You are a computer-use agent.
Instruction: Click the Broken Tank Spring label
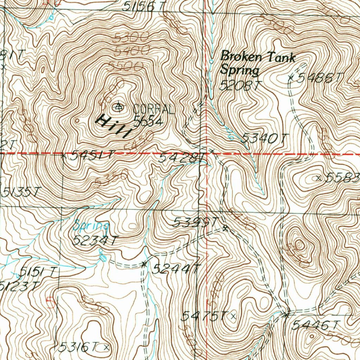tap(257, 63)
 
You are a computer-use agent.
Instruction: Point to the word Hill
tap(113, 126)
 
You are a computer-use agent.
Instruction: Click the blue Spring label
tap(91, 225)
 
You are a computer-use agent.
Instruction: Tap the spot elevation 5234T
tap(95, 241)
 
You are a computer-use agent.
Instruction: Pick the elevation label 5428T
tap(182, 157)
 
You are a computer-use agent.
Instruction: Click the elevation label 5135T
tap(22, 192)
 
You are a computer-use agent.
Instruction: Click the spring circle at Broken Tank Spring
tap(211, 62)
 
